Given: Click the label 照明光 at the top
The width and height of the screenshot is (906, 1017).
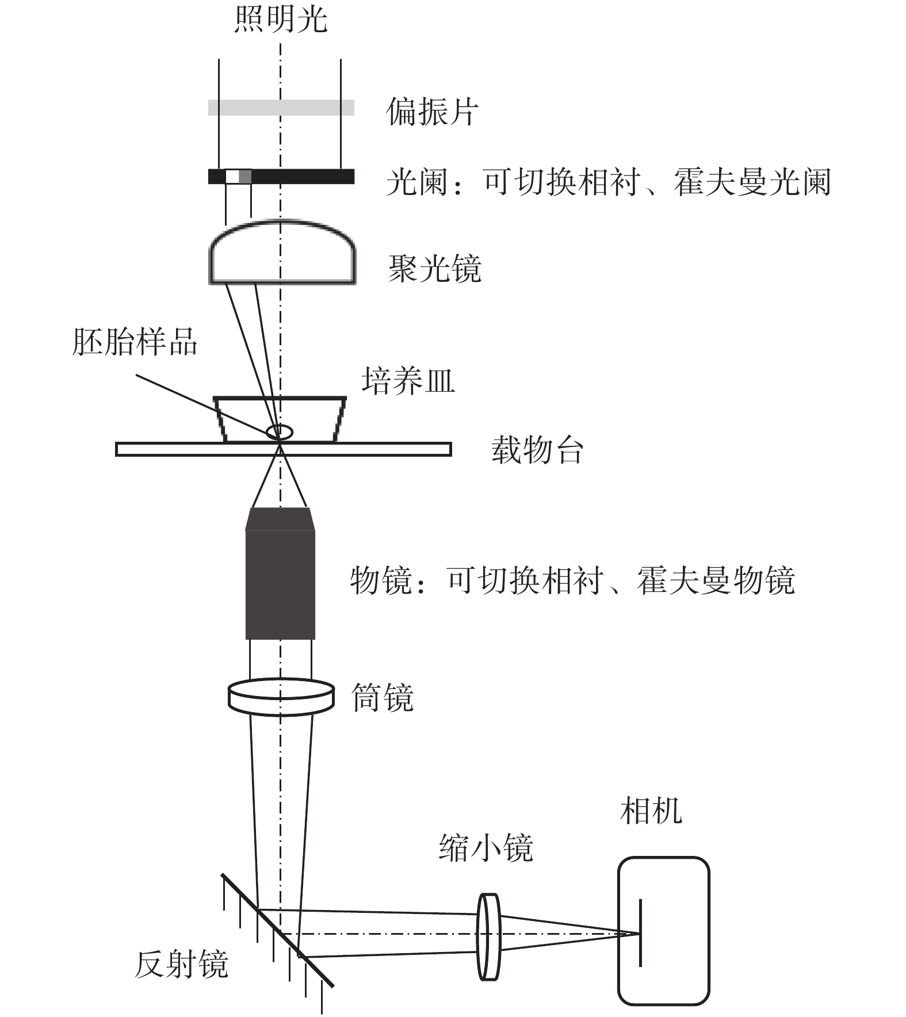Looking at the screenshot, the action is [281, 18].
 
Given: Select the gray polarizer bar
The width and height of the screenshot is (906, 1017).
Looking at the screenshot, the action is [281, 108].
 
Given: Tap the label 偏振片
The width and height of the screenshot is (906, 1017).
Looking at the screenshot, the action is [432, 111].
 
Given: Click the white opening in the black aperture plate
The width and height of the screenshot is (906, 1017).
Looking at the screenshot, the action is [232, 176].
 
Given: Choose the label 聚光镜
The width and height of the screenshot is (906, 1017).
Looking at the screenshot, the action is [435, 268].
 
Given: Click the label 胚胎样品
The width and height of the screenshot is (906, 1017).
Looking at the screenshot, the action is [134, 342].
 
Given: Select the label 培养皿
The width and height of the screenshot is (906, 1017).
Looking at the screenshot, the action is [408, 380].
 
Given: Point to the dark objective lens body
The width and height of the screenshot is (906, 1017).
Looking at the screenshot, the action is [280, 573].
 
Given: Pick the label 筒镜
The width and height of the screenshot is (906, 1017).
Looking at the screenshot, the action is [383, 698].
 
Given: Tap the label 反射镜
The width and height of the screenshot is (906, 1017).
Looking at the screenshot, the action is [181, 964].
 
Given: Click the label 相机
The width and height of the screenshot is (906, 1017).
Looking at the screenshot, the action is [651, 810].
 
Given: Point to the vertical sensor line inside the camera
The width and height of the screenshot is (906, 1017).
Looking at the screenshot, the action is [640, 932].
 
